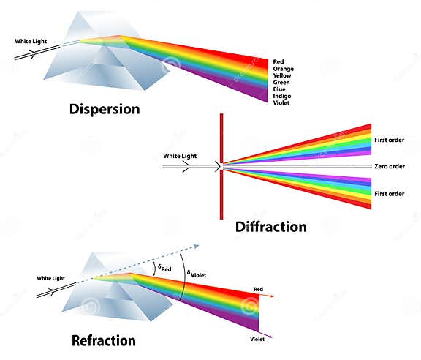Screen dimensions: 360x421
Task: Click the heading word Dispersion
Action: pyautogui.click(x=104, y=110)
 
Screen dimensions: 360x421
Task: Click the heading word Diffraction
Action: pyautogui.click(x=270, y=227)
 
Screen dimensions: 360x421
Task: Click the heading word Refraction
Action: pyautogui.click(x=103, y=340)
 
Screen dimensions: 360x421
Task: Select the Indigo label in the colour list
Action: pyautogui.click(x=282, y=95)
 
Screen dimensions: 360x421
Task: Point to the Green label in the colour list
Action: pyautogui.click(x=281, y=83)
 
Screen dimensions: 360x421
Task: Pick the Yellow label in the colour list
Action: pyautogui.click(x=282, y=77)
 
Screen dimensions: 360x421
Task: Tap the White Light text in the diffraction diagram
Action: pyautogui.click(x=180, y=156)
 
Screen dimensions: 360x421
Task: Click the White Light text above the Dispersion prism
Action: pyautogui.click(x=30, y=40)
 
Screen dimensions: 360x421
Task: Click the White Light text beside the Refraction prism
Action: pyautogui.click(x=51, y=278)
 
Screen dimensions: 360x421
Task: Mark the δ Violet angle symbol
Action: pyautogui.click(x=197, y=274)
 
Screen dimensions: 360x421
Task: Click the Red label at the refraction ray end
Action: pyautogui.click(x=258, y=290)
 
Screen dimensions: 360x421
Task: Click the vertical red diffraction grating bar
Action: pyautogui.click(x=221, y=167)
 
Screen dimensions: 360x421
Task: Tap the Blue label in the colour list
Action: pyautogui.click(x=279, y=89)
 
